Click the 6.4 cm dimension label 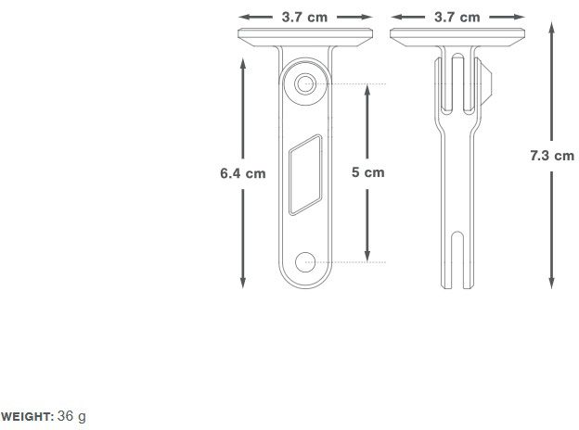[242, 173]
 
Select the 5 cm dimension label [367, 172]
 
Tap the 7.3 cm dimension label [552, 156]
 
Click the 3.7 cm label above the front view [304, 17]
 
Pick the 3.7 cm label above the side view [457, 17]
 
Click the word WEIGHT [28, 417]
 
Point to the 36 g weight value [71, 417]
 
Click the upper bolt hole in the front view [305, 84]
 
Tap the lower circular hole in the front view [305, 262]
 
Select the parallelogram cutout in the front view [305, 175]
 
